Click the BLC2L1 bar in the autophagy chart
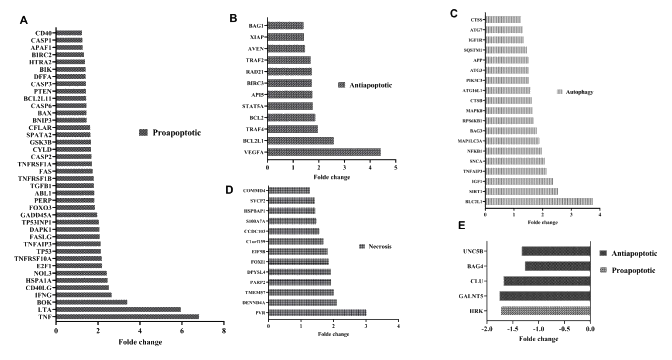(539, 202)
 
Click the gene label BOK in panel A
(44, 302)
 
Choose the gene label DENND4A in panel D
(254, 303)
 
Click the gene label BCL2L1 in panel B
(253, 141)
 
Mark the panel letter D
(229, 190)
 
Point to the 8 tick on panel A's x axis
(224, 331)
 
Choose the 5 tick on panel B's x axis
(396, 167)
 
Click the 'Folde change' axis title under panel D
(333, 334)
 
